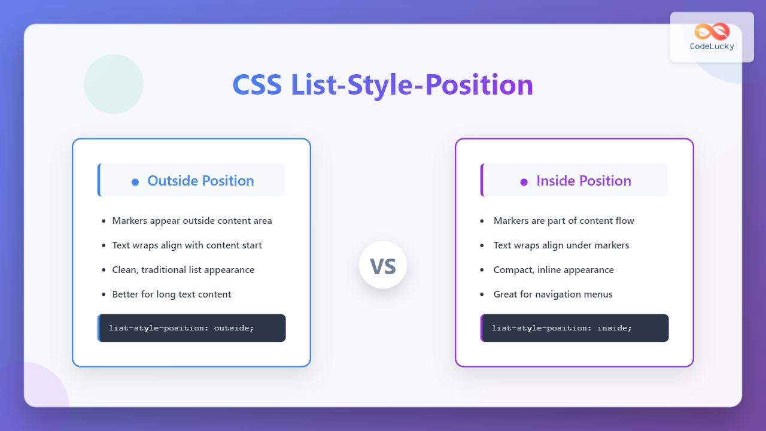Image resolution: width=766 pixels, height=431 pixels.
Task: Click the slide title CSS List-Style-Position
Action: click(382, 85)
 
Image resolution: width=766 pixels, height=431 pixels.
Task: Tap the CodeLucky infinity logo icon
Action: click(712, 32)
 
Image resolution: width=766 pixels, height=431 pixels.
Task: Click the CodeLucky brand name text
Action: click(712, 47)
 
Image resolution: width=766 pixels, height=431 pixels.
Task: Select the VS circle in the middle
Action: click(383, 265)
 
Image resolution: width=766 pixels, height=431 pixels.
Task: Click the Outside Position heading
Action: click(200, 181)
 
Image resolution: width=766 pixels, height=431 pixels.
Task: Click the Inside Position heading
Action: click(583, 181)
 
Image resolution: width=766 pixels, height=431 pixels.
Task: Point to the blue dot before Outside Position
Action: click(135, 181)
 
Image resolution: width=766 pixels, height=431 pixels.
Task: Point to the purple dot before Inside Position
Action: click(524, 181)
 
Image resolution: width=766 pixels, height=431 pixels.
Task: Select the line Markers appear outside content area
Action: click(191, 221)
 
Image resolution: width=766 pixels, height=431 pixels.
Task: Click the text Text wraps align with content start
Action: click(187, 245)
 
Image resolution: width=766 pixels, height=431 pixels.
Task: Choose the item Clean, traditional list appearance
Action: click(183, 270)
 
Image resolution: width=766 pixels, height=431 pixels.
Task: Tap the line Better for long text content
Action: click(171, 295)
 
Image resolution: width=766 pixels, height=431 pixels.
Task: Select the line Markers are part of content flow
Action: click(564, 221)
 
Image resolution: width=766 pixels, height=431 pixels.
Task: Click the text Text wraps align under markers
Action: click(561, 245)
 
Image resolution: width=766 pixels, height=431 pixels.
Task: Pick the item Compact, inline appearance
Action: click(554, 270)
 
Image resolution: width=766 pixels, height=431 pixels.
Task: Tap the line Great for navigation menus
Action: click(553, 295)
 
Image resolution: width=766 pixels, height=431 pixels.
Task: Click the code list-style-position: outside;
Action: click(181, 328)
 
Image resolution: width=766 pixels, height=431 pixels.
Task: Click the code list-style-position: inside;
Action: click(561, 328)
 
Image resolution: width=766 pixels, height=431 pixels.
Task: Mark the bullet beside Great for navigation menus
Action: click(482, 295)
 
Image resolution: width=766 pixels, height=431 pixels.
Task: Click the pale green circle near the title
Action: click(114, 84)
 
